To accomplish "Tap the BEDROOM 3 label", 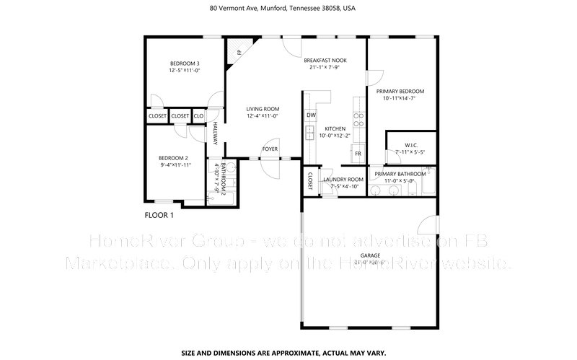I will (x=184, y=63).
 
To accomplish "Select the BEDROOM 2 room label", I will (x=173, y=159).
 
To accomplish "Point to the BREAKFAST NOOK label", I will (x=324, y=61).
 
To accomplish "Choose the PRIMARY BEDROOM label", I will (x=400, y=92).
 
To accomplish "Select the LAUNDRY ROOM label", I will (x=343, y=179).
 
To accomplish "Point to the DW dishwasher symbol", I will (x=311, y=115).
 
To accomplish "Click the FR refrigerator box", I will (x=356, y=154).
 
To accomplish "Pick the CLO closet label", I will (x=199, y=116).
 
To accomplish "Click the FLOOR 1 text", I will (x=159, y=215).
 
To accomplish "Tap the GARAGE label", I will (x=370, y=256).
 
